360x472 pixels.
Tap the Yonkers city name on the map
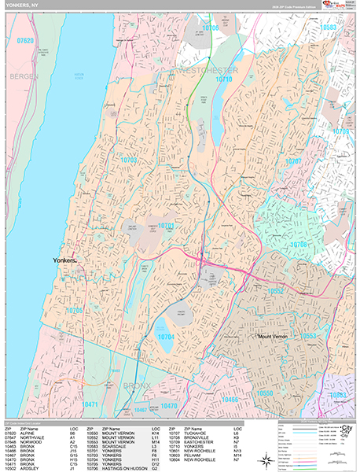[65, 260]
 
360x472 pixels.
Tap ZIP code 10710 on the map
[224, 79]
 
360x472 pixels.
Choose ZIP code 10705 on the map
[74, 310]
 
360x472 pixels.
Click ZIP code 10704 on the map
[166, 336]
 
